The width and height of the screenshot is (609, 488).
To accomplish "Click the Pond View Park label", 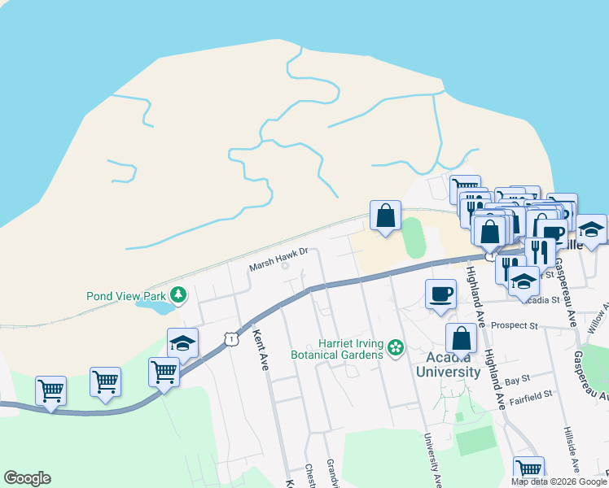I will point(126,295).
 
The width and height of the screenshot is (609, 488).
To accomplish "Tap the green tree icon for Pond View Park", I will point(179,294).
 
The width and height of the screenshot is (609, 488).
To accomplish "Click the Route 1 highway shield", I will point(232,339).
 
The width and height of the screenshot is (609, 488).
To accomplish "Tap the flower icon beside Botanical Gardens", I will point(396,348).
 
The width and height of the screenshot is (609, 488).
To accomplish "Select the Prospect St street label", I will point(515,325).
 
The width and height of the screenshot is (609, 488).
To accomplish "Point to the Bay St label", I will point(517,379).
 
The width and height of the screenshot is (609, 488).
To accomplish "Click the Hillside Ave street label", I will point(570,444).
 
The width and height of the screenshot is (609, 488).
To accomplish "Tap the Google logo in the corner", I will point(27,478).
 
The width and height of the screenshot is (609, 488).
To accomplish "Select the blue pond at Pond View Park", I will point(155,307).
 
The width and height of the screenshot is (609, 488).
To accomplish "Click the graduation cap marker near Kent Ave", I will point(182,343).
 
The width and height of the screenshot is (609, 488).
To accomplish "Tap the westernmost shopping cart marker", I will point(50,390).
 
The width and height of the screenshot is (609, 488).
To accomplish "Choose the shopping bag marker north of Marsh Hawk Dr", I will point(386,216).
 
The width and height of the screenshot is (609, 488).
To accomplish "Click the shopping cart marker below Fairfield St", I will point(528,469).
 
